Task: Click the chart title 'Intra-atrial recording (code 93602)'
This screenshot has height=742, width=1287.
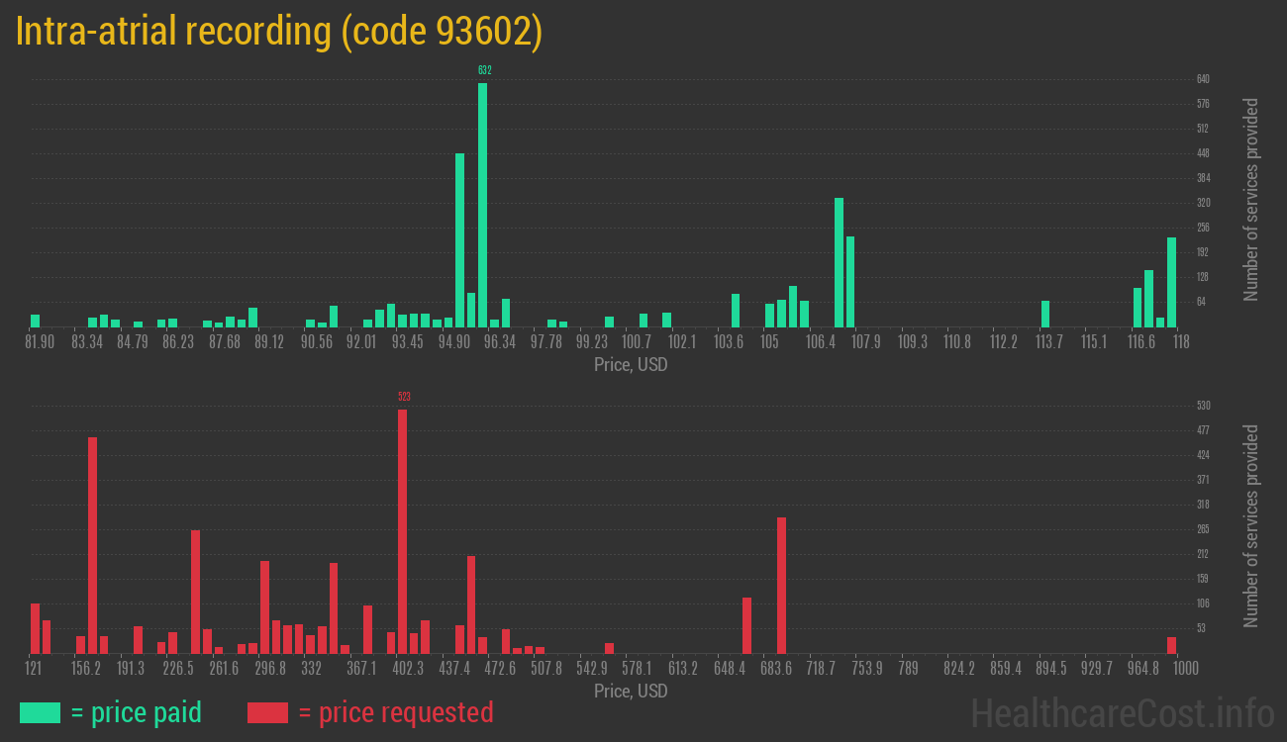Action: click(x=279, y=32)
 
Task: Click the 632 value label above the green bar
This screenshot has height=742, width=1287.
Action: click(x=484, y=70)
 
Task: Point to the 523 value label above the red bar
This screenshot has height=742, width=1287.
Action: click(x=404, y=397)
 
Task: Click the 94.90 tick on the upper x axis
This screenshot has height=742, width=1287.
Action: click(x=454, y=342)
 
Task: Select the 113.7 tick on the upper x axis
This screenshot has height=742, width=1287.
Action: click(x=1048, y=342)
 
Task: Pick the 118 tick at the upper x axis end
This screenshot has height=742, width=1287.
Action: click(x=1180, y=342)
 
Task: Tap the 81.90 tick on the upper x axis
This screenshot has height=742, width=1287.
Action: click(x=40, y=342)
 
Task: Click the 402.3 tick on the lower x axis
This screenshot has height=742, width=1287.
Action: click(x=408, y=669)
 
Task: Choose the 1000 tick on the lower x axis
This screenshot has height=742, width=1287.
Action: click(x=1172, y=669)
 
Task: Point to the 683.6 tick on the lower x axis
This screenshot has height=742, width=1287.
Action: click(x=775, y=669)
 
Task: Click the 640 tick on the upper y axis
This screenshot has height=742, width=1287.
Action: click(x=1203, y=79)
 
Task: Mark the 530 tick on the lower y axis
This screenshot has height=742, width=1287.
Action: click(x=1203, y=406)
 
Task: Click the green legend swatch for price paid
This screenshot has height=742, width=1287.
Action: click(x=40, y=712)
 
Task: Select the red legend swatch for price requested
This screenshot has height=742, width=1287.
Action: click(x=266, y=712)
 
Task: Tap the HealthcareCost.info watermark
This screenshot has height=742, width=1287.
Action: click(x=1122, y=713)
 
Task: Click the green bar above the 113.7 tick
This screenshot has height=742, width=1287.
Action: click(x=1045, y=314)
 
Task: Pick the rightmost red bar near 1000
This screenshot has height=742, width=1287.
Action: click(x=1171, y=645)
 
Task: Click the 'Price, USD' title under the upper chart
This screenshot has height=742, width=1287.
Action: click(x=631, y=365)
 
